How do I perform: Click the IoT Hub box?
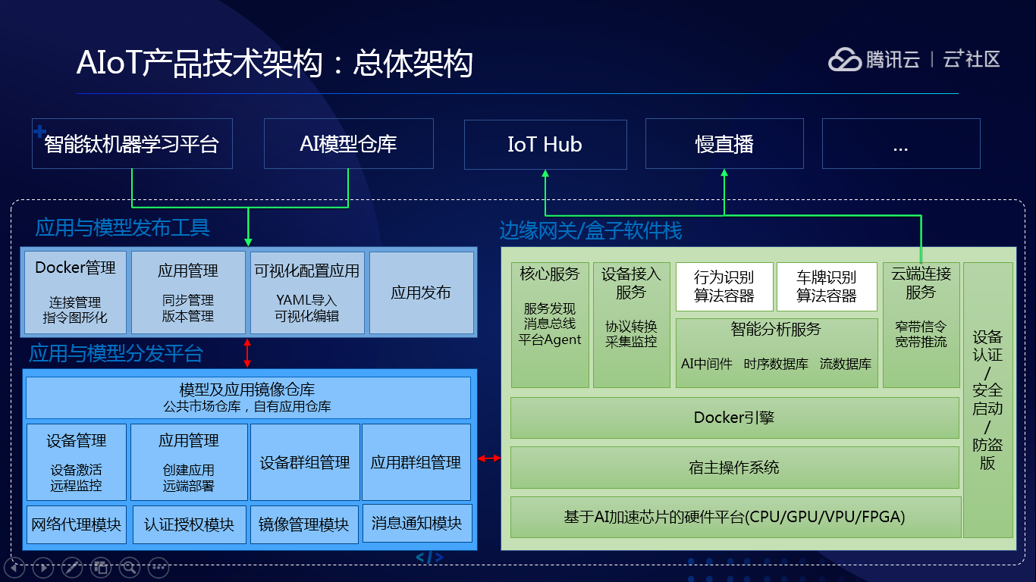click(x=545, y=144)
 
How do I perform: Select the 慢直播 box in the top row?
click(x=724, y=144)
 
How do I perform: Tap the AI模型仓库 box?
click(x=349, y=144)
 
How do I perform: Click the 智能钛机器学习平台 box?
click(x=132, y=144)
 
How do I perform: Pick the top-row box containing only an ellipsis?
click(x=901, y=144)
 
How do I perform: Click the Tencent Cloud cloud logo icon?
click(x=845, y=60)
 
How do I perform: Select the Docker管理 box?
click(x=75, y=293)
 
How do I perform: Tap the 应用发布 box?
click(x=422, y=293)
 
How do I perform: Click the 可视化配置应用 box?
click(x=307, y=293)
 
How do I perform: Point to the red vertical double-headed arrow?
click(x=247, y=353)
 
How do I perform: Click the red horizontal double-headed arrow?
click(x=489, y=458)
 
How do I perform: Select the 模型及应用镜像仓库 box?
click(x=248, y=398)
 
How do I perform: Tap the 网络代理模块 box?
click(x=77, y=524)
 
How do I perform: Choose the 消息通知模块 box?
click(x=417, y=524)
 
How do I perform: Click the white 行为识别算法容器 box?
click(x=724, y=286)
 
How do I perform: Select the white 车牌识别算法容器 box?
click(x=827, y=286)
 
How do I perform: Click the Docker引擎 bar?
click(x=734, y=418)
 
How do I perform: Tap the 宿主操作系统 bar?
click(x=734, y=468)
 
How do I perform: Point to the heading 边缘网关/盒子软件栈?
click(x=591, y=230)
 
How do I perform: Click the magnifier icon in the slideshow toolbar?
click(x=130, y=567)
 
